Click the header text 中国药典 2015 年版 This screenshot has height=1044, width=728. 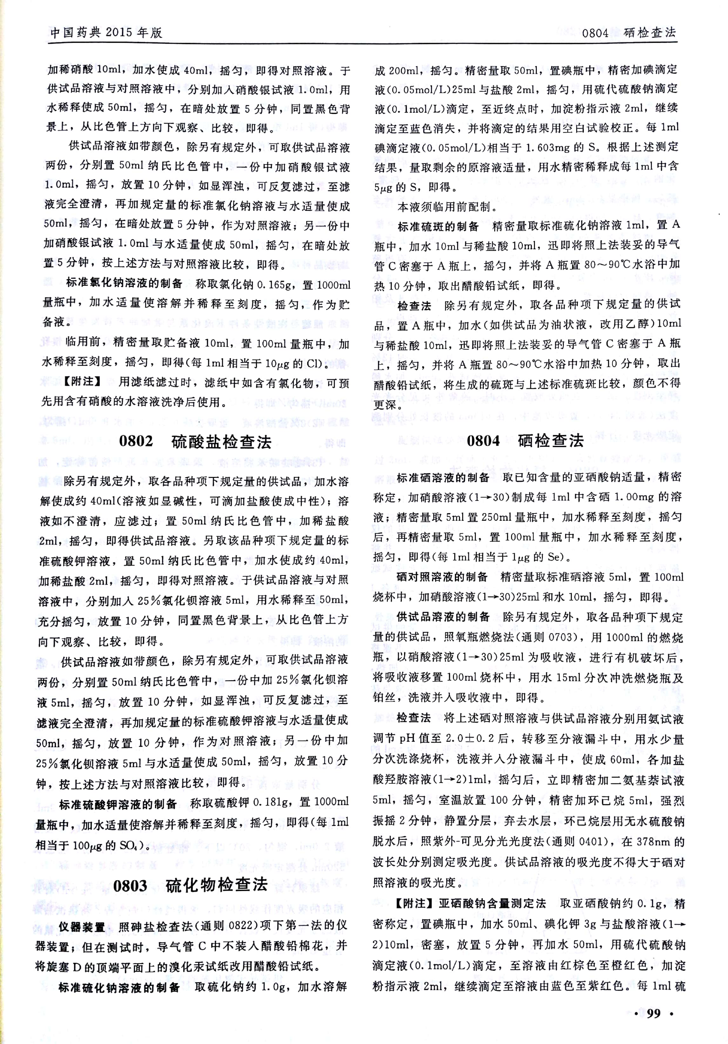point(106,32)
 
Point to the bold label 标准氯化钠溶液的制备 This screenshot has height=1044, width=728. point(124,283)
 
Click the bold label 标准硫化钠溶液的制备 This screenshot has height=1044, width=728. point(119,987)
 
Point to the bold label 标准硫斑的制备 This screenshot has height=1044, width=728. point(438,226)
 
